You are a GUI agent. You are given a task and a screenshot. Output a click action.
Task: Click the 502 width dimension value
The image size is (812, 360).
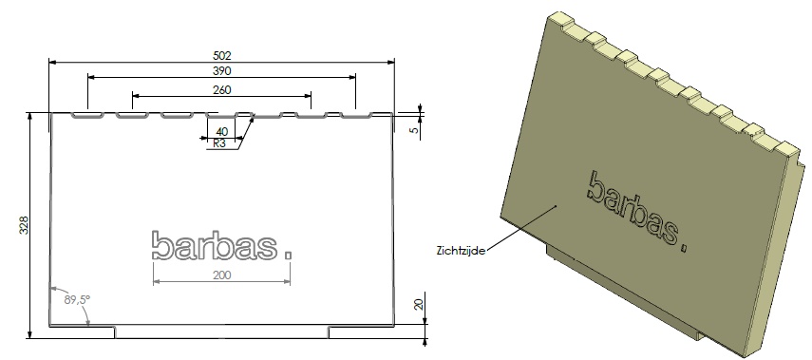(221, 55)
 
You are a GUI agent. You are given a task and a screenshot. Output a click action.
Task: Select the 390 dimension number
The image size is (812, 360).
(221, 71)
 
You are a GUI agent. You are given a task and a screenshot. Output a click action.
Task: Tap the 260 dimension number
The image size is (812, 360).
(221, 90)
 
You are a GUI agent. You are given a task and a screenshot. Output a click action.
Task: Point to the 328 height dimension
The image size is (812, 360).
(25, 225)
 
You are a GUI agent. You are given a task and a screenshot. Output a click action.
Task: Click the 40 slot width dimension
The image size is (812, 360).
(221, 132)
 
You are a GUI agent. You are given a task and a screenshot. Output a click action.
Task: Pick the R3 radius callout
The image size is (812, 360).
(219, 143)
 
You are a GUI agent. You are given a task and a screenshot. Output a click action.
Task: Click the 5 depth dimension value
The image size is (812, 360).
(414, 130)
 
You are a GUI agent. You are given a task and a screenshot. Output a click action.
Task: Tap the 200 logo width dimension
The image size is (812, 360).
(221, 275)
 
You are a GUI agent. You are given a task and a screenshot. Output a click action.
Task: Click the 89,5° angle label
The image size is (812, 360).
(77, 299)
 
